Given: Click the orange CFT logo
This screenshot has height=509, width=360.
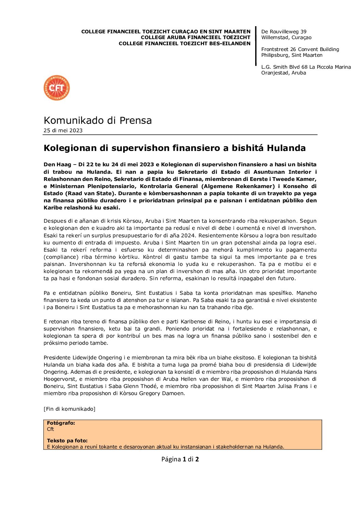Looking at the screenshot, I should point(56,88).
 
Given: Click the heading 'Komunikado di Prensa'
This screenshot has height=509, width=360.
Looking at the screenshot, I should point(98,120).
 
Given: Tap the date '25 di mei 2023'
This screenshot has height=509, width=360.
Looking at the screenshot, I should point(63,131).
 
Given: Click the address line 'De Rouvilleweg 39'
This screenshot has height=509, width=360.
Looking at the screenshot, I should point(284,32).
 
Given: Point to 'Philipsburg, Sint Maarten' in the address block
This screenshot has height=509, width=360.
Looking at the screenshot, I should point(292,55).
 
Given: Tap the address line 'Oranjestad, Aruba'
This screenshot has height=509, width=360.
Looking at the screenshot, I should point(283,73).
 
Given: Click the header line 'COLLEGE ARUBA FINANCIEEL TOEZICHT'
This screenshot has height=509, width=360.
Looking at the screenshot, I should point(195,37).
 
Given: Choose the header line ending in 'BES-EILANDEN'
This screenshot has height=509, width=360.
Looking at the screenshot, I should point(184,44).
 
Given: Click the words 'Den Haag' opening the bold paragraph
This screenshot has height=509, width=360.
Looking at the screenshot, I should point(57,165).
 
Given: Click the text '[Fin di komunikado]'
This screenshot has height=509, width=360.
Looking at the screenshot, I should point(69,409).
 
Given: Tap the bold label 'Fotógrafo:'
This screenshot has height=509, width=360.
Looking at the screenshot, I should point(61,423).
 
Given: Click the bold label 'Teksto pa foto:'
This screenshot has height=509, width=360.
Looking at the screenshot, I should point(67,441).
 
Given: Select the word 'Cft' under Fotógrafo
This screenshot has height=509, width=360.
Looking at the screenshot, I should point(50,429).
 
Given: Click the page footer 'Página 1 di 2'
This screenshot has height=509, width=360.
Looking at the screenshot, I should point(180,459).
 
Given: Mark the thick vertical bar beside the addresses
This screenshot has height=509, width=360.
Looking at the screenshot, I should point(256,46).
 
